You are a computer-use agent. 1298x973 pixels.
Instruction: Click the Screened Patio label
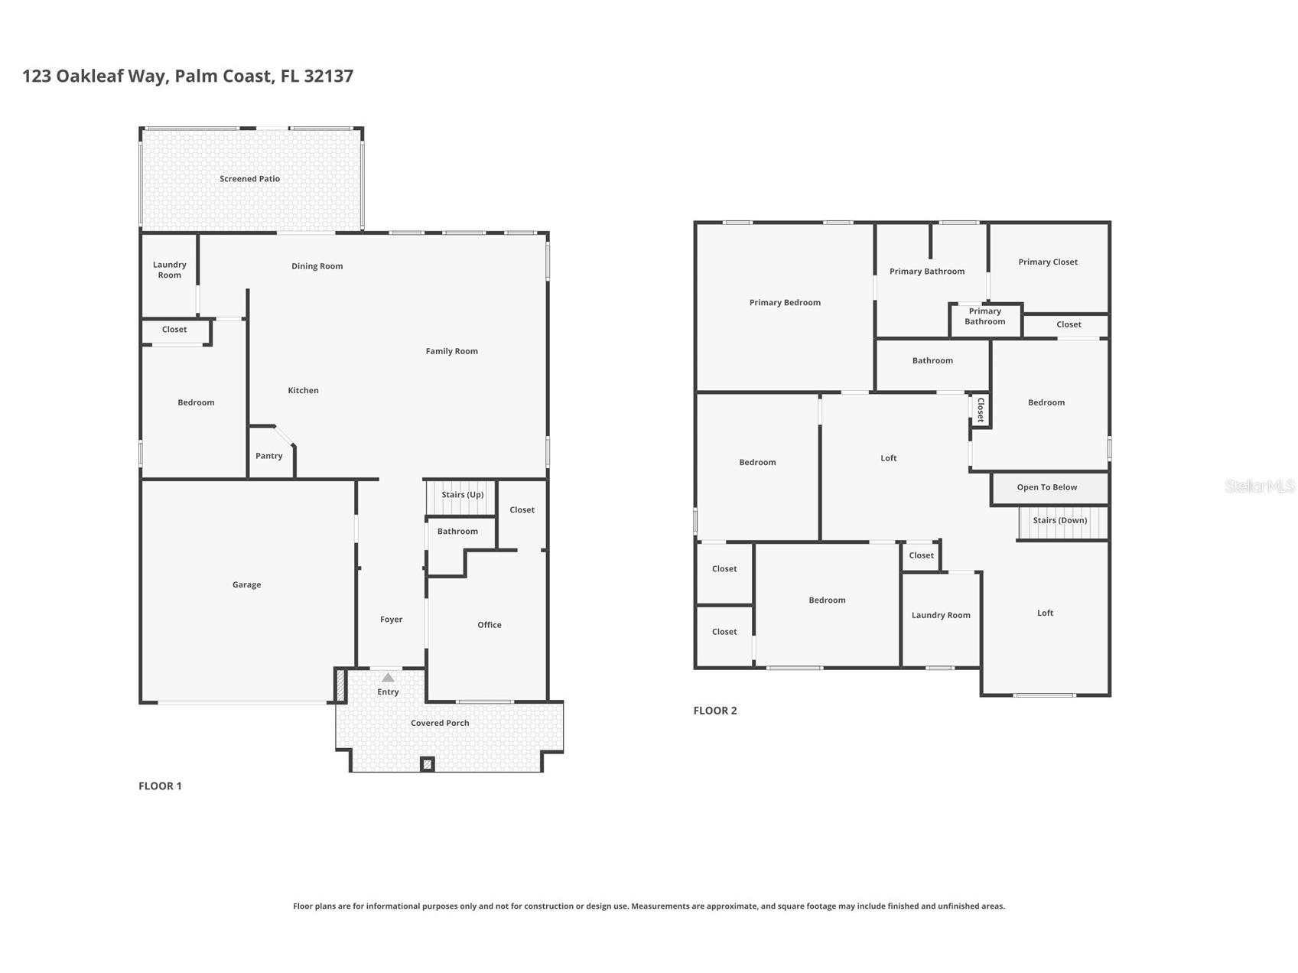249,179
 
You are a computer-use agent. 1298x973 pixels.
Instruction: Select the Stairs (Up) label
463,495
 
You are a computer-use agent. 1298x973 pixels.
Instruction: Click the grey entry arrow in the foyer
388,677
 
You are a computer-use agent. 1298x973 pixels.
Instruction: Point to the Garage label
246,584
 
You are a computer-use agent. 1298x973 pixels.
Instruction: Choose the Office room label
490,625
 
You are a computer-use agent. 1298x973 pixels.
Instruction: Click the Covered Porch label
440,723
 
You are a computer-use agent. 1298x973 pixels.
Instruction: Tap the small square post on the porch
428,763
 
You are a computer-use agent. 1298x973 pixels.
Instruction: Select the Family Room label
452,351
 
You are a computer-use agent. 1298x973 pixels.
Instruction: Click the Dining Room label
317,266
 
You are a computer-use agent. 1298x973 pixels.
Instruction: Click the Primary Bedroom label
785,303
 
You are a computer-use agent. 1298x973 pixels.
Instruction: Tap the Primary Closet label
1048,262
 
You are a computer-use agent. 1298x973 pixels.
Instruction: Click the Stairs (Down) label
1060,520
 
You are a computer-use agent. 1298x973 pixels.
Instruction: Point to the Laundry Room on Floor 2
941,615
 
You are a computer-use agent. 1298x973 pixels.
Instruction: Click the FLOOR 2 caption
715,711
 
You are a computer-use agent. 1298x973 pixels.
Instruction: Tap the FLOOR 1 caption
160,786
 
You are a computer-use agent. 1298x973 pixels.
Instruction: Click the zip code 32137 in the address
328,76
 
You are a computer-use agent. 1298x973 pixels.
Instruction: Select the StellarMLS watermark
1260,486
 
